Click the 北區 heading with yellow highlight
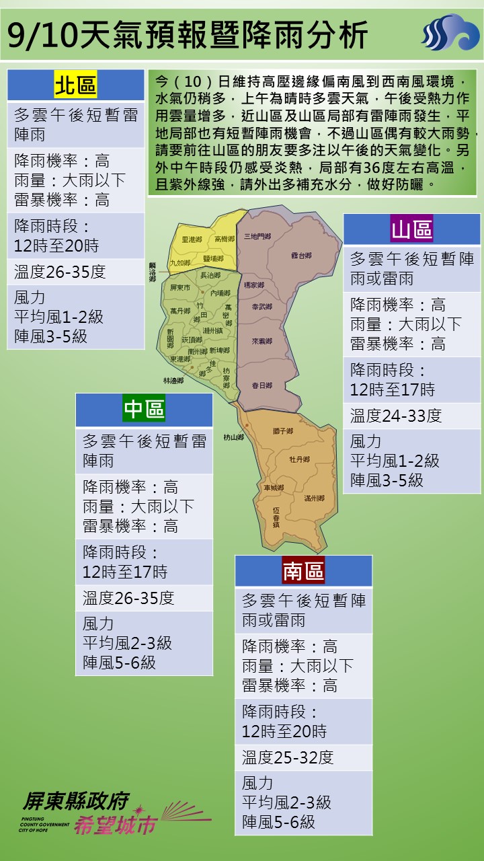pyautogui.click(x=75, y=85)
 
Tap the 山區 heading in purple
pyautogui.click(x=412, y=230)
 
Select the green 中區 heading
pyautogui.click(x=144, y=409)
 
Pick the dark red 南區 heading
pyautogui.click(x=303, y=571)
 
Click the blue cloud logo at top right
pyautogui.click(x=450, y=33)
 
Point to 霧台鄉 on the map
pyautogui.click(x=301, y=256)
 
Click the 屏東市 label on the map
pyautogui.click(x=181, y=287)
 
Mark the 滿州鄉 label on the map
pyautogui.click(x=314, y=498)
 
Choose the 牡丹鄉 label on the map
pyautogui.click(x=299, y=459)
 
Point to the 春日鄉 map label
pyautogui.click(x=261, y=385)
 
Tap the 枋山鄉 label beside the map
pyautogui.click(x=233, y=437)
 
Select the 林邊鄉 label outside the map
pyautogui.click(x=173, y=380)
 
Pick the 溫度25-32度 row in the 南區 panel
pyautogui.click(x=288, y=757)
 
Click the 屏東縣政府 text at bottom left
pyautogui.click(x=75, y=801)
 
